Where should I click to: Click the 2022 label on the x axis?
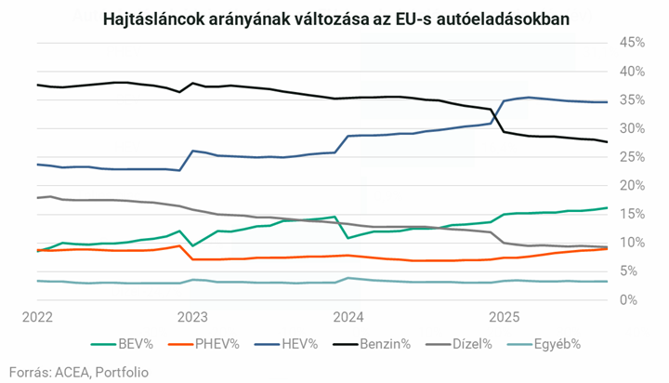tap(37, 315)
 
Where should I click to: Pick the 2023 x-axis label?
tap(192, 315)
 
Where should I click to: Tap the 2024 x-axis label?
tap(348, 315)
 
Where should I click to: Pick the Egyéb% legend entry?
tap(557, 344)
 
